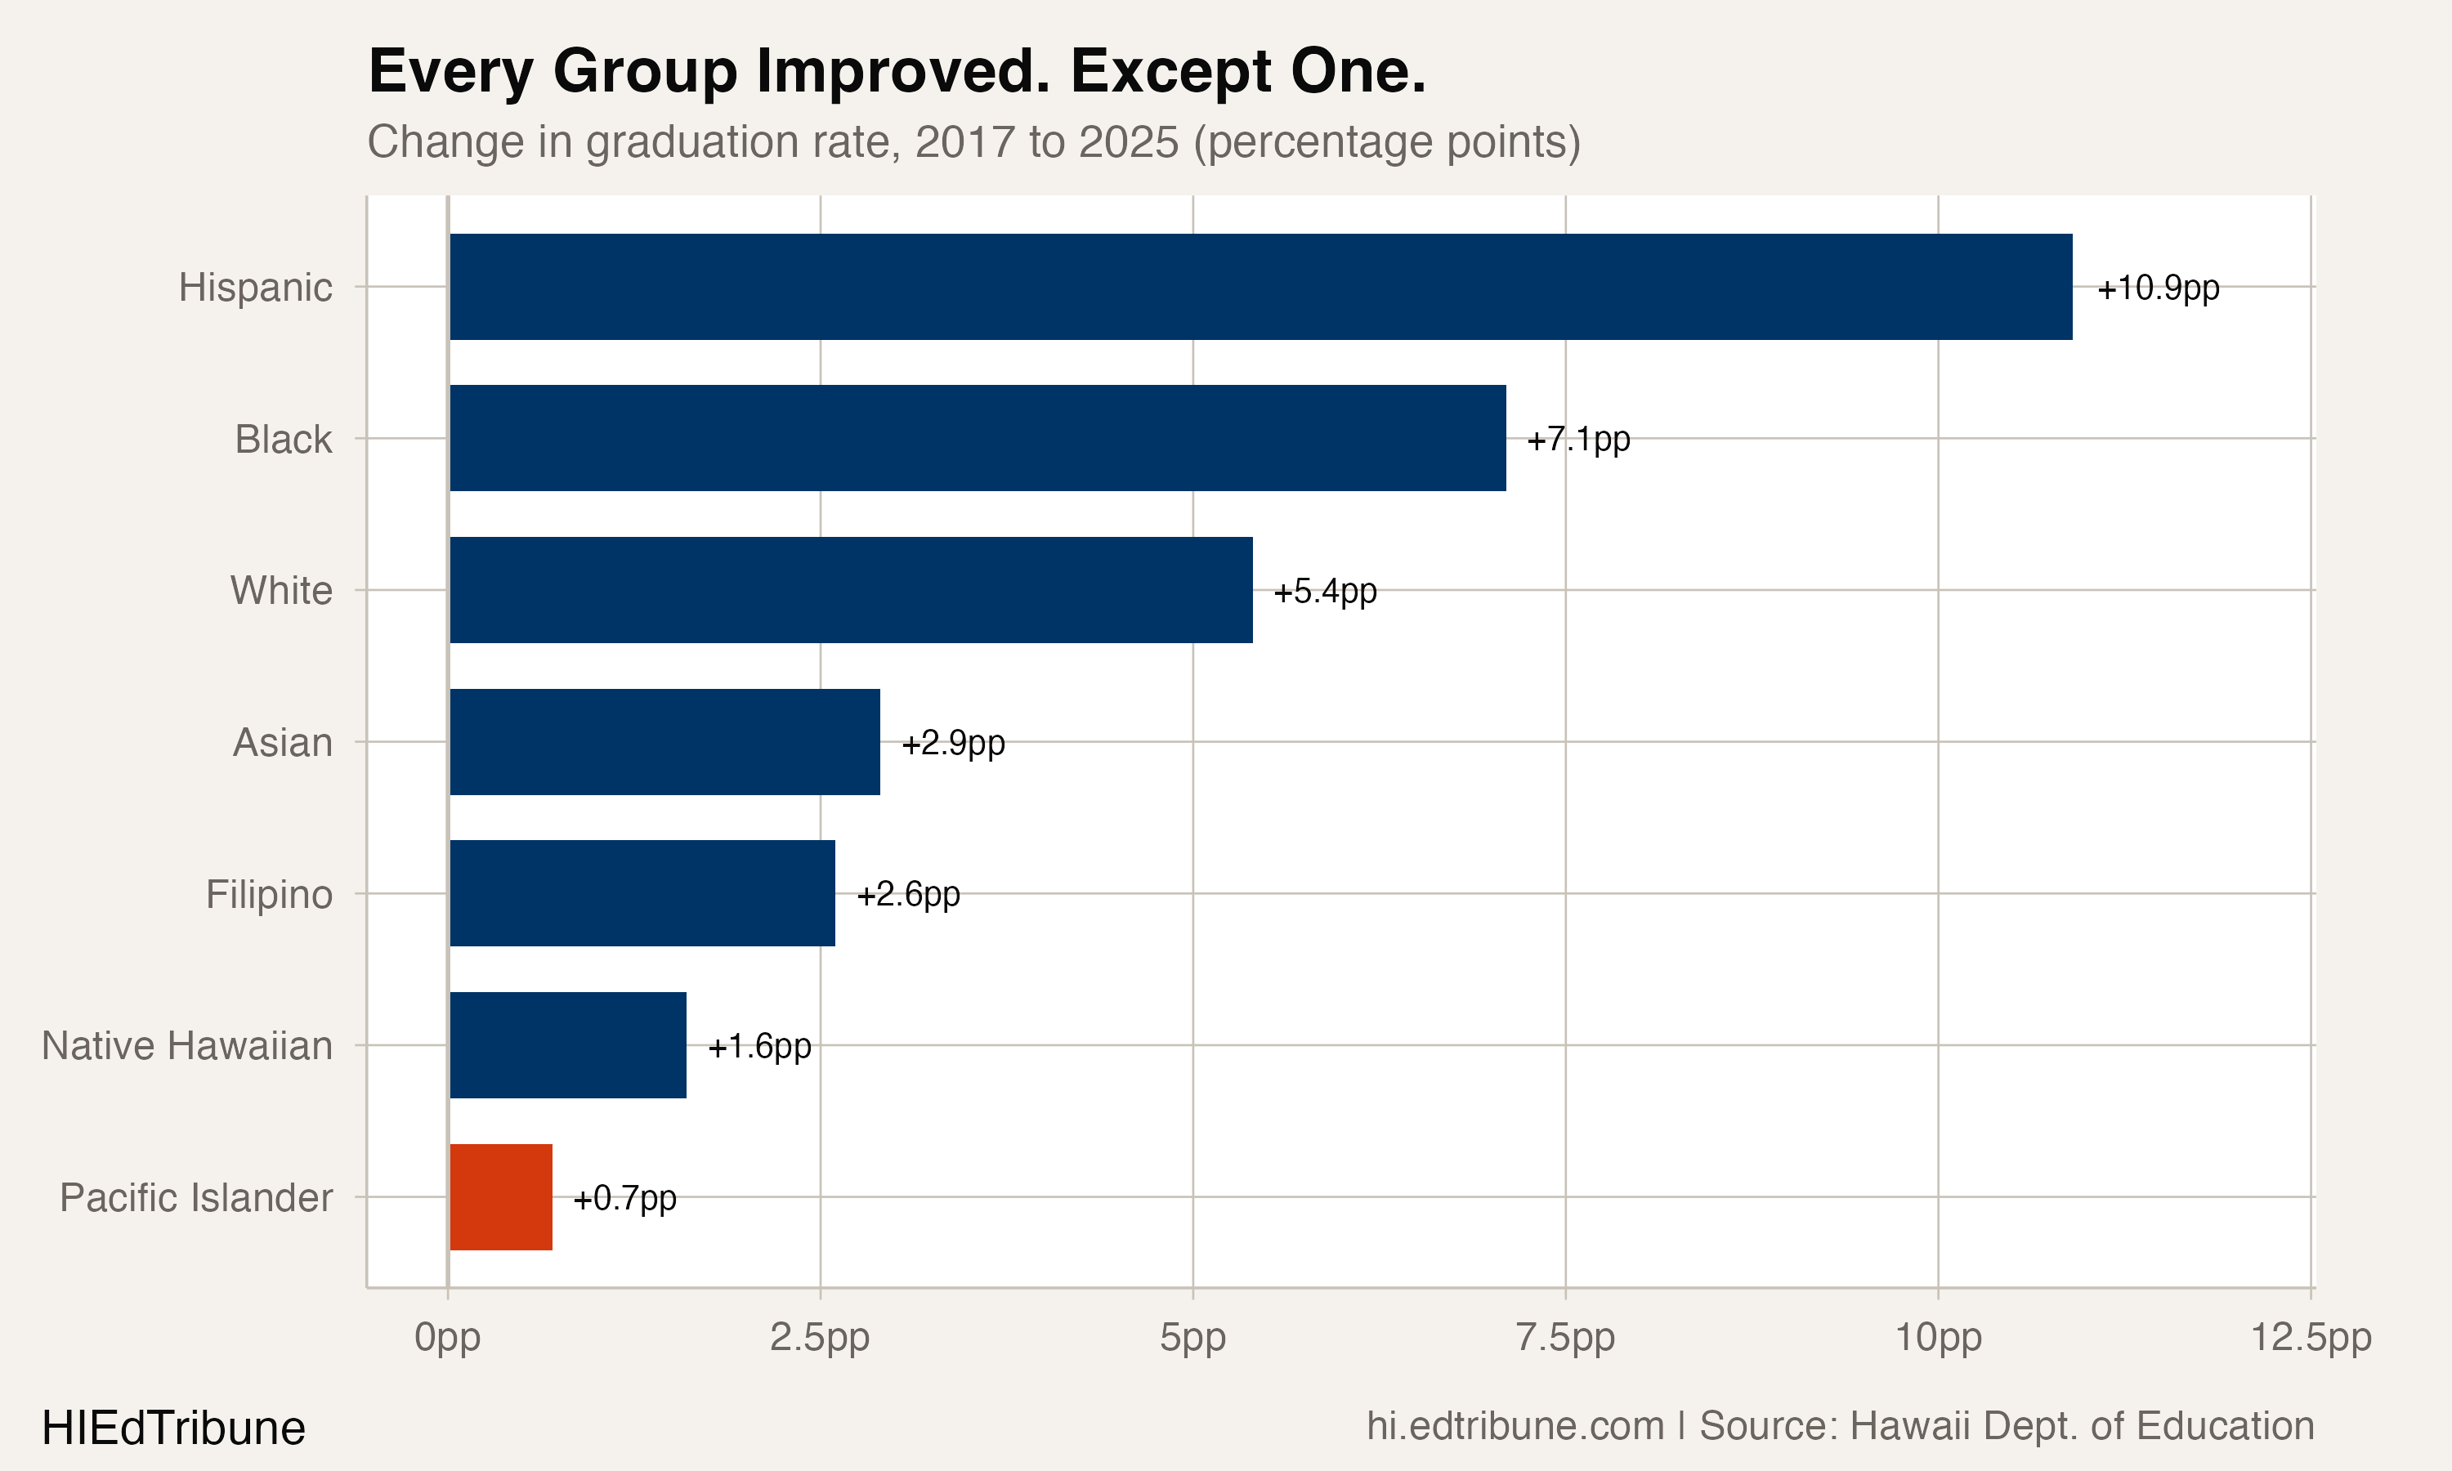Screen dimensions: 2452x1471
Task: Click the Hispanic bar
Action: click(x=1260, y=287)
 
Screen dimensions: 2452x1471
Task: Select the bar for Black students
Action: click(x=978, y=438)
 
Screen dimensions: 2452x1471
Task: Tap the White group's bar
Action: click(x=852, y=590)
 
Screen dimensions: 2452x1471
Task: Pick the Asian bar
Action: click(x=665, y=741)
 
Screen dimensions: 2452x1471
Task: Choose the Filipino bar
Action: click(x=642, y=893)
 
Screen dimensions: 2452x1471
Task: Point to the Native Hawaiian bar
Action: click(x=568, y=1044)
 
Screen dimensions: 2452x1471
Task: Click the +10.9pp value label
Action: click(x=2158, y=288)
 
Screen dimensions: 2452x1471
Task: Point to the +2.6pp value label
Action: click(x=908, y=895)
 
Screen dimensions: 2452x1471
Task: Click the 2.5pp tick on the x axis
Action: click(x=820, y=1338)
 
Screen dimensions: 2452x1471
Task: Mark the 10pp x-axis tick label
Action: click(x=1939, y=1338)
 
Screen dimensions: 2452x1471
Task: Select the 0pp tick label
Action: click(x=448, y=1338)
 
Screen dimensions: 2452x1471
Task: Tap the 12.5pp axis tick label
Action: click(x=2311, y=1338)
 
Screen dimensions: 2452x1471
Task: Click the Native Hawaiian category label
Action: click(x=187, y=1046)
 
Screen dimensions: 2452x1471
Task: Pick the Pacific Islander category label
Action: click(x=196, y=1197)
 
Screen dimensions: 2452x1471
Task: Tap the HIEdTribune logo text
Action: click(x=173, y=1429)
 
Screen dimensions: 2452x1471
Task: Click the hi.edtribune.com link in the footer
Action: click(x=1515, y=1426)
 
